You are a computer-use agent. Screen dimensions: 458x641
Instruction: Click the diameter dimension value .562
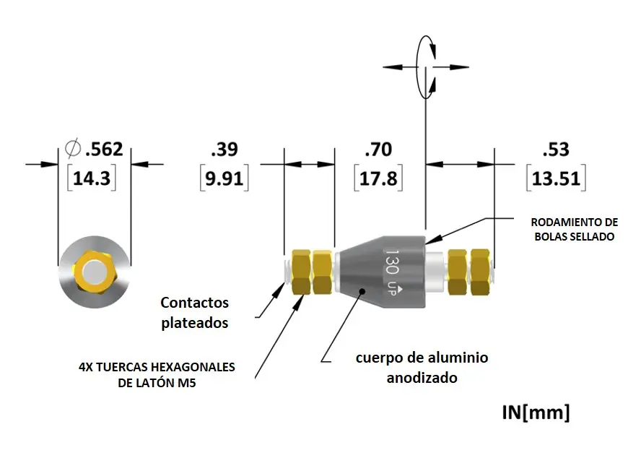coord(104,150)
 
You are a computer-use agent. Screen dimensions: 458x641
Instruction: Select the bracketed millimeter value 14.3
coord(92,178)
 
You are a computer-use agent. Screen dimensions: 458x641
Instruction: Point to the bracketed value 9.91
coord(224,178)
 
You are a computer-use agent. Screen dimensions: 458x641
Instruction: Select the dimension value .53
coord(556,150)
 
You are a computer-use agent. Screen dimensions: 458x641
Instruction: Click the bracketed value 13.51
coord(556,178)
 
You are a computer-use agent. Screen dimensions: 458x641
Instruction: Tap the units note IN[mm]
coord(536,412)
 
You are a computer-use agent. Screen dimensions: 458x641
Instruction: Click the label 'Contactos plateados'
coord(194,312)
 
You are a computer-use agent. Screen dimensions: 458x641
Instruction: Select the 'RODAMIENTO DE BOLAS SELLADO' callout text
coord(574,228)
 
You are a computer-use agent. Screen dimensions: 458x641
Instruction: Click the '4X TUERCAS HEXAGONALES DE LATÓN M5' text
coord(157,375)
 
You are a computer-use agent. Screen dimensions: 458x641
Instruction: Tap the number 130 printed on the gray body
coord(392,263)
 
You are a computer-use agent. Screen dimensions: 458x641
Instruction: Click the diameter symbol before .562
coord(73,150)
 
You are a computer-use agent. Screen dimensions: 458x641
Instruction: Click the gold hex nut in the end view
coord(95,272)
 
